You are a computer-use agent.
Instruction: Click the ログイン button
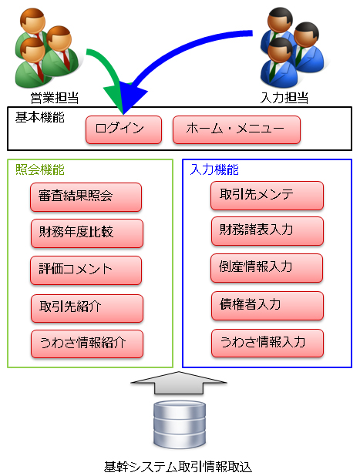coord(123,129)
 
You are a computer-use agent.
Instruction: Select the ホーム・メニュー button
coord(237,129)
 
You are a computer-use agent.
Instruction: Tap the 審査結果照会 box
coord(86,197)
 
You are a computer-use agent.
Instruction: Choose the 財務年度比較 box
coord(87,233)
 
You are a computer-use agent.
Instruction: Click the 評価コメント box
coord(86,270)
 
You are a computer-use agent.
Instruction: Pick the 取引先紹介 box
coord(87,308)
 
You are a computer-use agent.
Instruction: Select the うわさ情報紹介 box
coord(87,344)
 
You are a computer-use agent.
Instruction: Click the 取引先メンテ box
coord(267,196)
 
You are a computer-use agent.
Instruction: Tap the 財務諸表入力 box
coord(267,231)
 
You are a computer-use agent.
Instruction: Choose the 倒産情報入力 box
coord(267,268)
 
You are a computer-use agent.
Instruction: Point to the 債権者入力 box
coord(267,306)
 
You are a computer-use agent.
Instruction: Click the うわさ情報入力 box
coord(267,343)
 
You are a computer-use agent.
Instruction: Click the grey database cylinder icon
coord(180,424)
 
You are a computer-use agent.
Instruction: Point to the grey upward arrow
coord(179,383)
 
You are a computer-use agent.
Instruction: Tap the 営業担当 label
coord(55,98)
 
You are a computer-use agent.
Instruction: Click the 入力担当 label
coord(284,98)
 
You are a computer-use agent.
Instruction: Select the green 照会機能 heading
coord(40,169)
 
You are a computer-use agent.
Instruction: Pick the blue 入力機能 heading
coord(214,169)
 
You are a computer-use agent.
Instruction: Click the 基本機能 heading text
coord(40,117)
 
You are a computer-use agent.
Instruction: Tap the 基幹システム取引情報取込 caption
coord(178,467)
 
